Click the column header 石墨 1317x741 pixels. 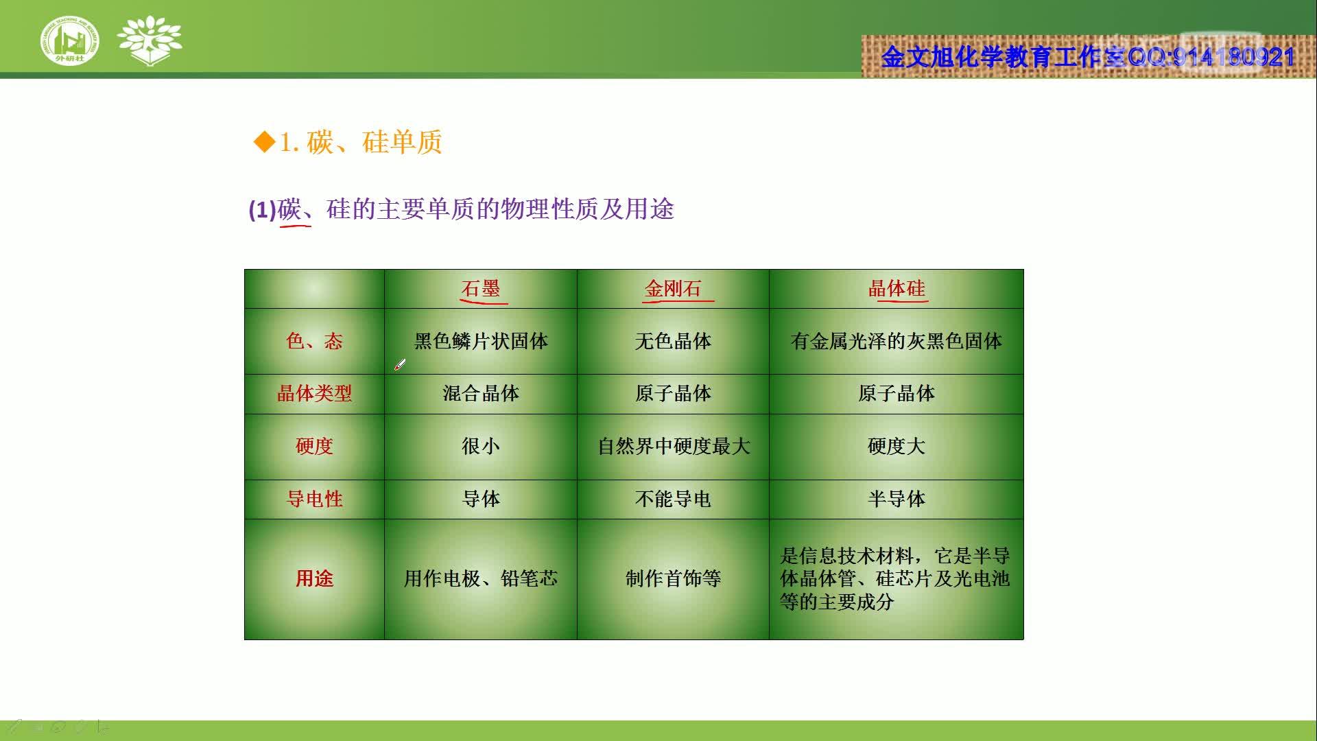[480, 289]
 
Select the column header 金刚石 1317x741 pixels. [673, 289]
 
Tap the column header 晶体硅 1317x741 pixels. [897, 289]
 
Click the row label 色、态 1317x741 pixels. [314, 341]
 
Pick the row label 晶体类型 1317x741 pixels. [314, 393]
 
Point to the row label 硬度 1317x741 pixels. [314, 446]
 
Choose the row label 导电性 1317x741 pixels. [314, 499]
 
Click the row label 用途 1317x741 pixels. [314, 578]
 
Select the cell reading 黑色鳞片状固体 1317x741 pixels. [481, 341]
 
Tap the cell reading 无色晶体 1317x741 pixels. [673, 341]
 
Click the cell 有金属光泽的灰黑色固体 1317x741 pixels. [897, 341]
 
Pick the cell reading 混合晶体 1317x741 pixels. [481, 393]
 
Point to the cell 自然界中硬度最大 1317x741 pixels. [674, 446]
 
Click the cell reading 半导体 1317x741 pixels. [897, 499]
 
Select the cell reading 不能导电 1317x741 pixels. [673, 499]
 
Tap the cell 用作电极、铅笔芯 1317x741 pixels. [481, 578]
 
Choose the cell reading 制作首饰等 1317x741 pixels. [673, 578]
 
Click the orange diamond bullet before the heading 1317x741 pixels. [264, 142]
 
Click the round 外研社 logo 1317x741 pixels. [69, 41]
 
